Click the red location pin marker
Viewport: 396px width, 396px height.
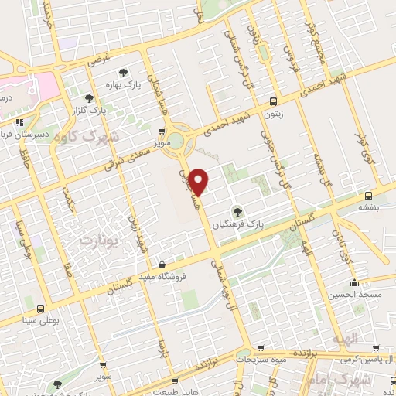[x=199, y=181]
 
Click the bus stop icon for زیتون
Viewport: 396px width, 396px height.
[x=272, y=102]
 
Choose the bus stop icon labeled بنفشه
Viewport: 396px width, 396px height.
[x=368, y=195]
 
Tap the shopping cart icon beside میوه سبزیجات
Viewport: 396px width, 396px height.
[x=261, y=349]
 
